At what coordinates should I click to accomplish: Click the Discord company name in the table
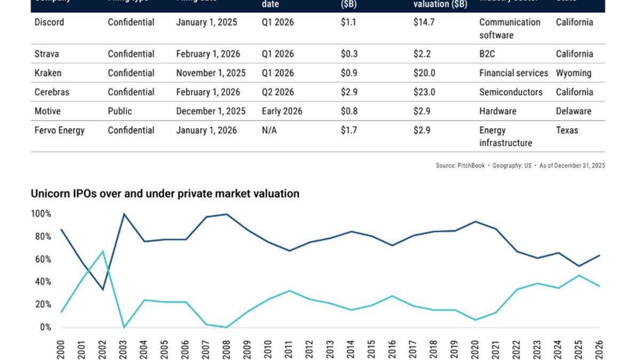50,22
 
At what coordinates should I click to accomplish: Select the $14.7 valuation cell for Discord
424,22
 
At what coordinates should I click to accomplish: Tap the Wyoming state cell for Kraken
573,73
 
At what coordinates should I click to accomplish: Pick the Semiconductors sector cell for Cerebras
510,92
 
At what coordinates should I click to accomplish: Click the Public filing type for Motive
120,111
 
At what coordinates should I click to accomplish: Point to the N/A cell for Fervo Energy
269,131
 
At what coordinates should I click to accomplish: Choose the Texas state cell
566,131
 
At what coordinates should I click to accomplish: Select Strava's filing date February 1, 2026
208,54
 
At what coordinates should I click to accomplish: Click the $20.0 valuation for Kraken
424,73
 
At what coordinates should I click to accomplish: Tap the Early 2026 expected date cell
282,111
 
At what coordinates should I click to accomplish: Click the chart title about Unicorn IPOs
165,194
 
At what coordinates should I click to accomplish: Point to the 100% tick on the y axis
41,214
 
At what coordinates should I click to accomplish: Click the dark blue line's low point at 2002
103,290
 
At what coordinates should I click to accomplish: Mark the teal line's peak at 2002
103,251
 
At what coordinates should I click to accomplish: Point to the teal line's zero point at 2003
124,327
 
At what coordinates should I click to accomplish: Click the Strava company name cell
46,54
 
